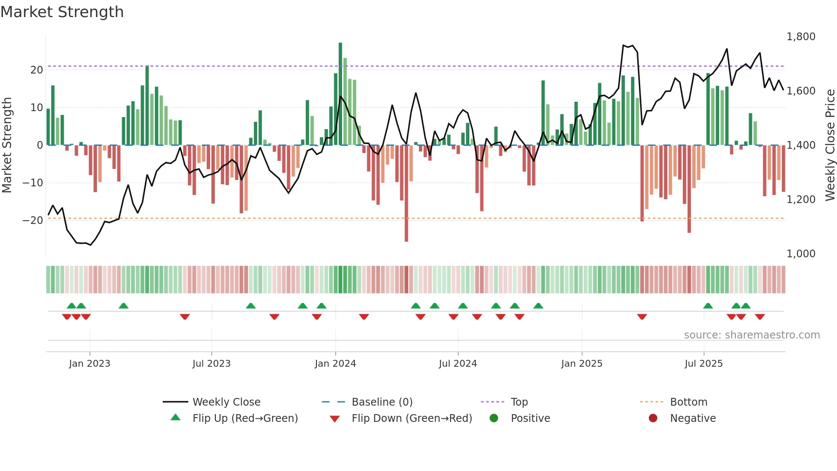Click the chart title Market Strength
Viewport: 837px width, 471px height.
[x=62, y=12]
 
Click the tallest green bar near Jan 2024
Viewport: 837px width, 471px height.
[x=340, y=94]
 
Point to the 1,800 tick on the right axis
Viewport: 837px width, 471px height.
[x=801, y=37]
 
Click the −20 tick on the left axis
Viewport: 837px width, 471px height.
[x=33, y=221]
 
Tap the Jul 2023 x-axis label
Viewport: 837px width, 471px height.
[x=211, y=364]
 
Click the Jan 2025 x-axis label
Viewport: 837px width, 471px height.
[x=582, y=364]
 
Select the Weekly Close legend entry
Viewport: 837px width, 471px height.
[x=226, y=402]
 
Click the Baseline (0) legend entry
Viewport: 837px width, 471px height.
[x=382, y=402]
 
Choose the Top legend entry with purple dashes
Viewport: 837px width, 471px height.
[x=519, y=402]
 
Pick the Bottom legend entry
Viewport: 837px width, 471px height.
[x=688, y=402]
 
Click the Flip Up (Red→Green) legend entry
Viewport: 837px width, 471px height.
[x=245, y=418]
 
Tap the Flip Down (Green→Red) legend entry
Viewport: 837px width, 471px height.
[x=412, y=418]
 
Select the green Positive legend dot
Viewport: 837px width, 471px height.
[x=494, y=418]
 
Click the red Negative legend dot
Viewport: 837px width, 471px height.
[x=653, y=418]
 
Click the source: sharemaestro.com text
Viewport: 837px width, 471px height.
[x=752, y=335]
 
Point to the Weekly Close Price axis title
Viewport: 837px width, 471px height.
[x=830, y=145]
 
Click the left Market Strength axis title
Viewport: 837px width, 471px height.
[x=7, y=145]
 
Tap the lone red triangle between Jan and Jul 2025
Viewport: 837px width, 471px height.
[x=642, y=317]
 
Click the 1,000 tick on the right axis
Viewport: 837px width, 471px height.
[x=801, y=254]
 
